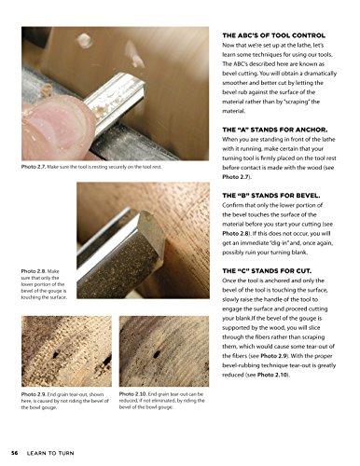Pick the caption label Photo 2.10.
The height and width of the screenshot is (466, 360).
(x=138, y=393)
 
